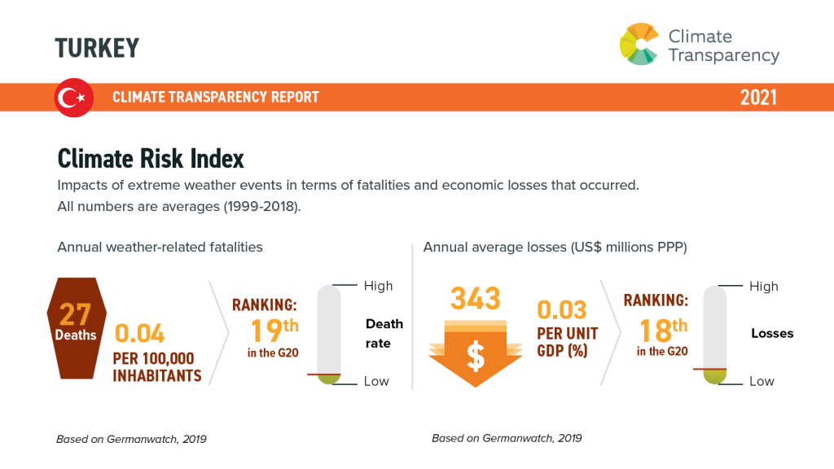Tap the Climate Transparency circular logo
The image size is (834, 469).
point(639,44)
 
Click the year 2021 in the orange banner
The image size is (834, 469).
point(758,98)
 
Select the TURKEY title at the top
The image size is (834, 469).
point(97,48)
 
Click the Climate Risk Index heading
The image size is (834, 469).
point(151,158)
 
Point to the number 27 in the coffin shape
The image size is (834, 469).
point(75,314)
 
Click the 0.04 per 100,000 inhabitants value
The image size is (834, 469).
point(140,334)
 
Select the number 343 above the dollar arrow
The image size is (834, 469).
point(476,298)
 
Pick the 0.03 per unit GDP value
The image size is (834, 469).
point(561,310)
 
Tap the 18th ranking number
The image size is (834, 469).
point(656,331)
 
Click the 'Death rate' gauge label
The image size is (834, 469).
point(384,334)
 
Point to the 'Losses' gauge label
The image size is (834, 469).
point(771,333)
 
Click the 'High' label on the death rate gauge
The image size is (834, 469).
point(378,286)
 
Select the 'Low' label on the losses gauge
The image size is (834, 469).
point(762,381)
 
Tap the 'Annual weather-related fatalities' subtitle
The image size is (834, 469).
point(160,247)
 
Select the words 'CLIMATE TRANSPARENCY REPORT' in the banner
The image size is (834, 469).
point(216,98)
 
